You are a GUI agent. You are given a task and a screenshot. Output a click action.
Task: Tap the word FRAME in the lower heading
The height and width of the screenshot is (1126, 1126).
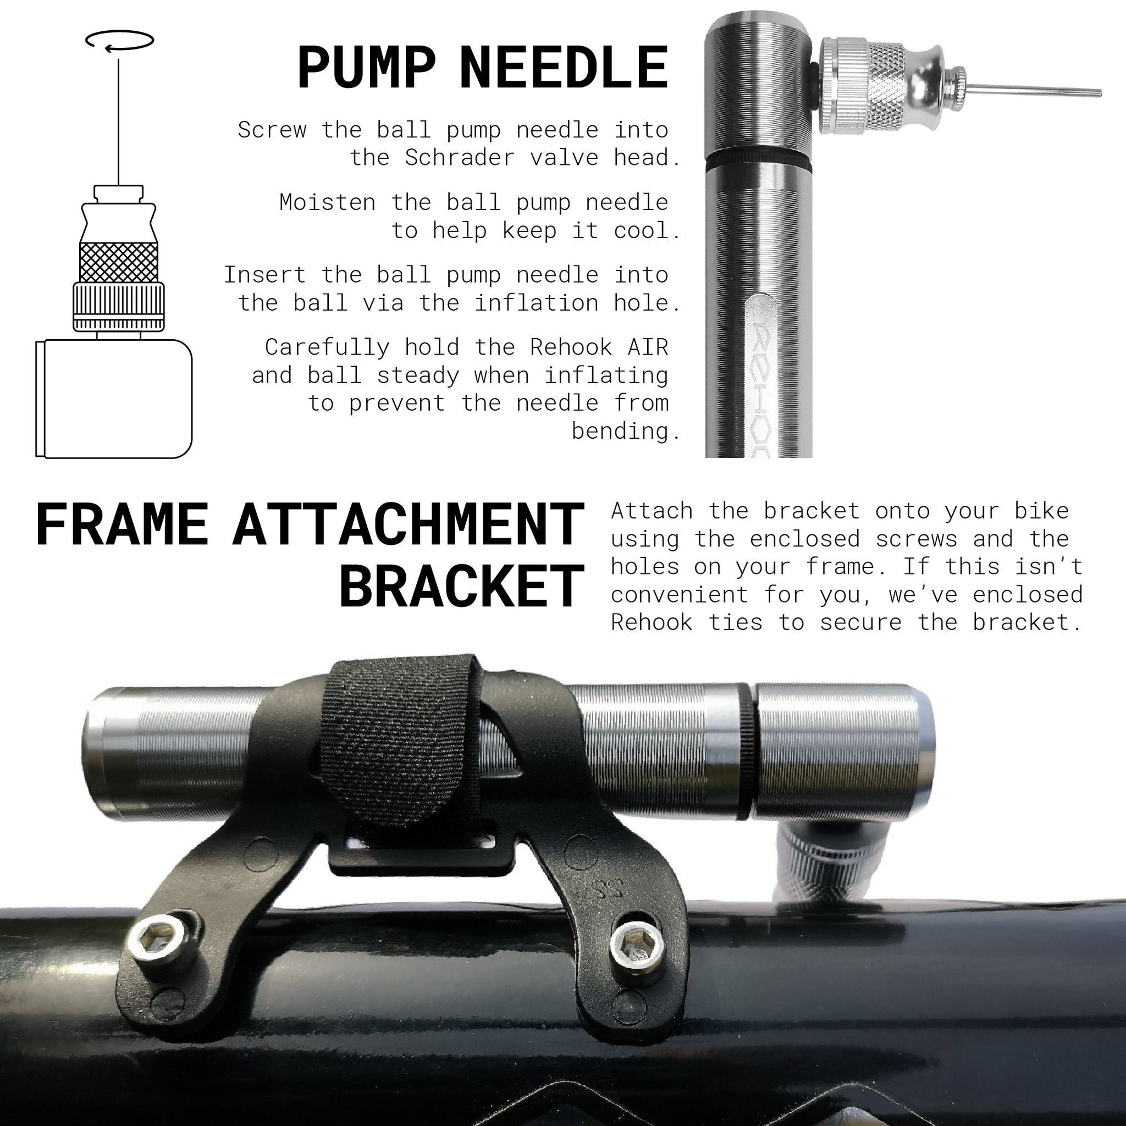pos(122,525)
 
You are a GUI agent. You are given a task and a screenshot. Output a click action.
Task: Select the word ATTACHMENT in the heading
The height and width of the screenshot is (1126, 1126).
pos(409,525)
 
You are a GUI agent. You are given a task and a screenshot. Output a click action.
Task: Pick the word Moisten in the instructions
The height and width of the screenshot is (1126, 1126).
pos(328,203)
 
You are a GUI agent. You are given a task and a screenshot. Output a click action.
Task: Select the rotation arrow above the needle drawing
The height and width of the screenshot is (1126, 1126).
pos(119,40)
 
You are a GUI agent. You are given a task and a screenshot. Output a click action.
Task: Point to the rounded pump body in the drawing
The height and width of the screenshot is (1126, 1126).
pos(114,399)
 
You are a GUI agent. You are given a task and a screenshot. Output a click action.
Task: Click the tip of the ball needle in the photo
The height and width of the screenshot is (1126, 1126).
pos(1100,93)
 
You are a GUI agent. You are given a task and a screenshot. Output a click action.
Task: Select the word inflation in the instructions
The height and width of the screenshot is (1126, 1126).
pos(536,303)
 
